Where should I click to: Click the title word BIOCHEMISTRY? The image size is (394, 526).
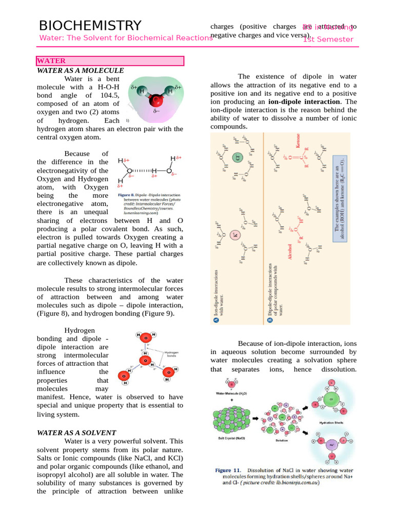tap(90, 26)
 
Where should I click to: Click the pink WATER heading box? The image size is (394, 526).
tap(110, 61)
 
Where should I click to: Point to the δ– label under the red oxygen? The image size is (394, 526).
tap(156, 111)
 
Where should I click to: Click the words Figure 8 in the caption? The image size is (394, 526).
tap(126, 195)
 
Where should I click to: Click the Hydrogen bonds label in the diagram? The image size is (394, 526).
tap(171, 354)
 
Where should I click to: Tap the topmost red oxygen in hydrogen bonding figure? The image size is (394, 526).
tap(146, 337)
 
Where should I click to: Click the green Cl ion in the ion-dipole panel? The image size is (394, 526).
tap(237, 158)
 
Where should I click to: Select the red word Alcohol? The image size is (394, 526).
tap(290, 252)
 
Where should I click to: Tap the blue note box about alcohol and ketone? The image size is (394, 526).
tap(340, 197)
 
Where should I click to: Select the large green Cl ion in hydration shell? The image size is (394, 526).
tap(331, 399)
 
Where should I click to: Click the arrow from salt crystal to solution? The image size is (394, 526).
tap(255, 418)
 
